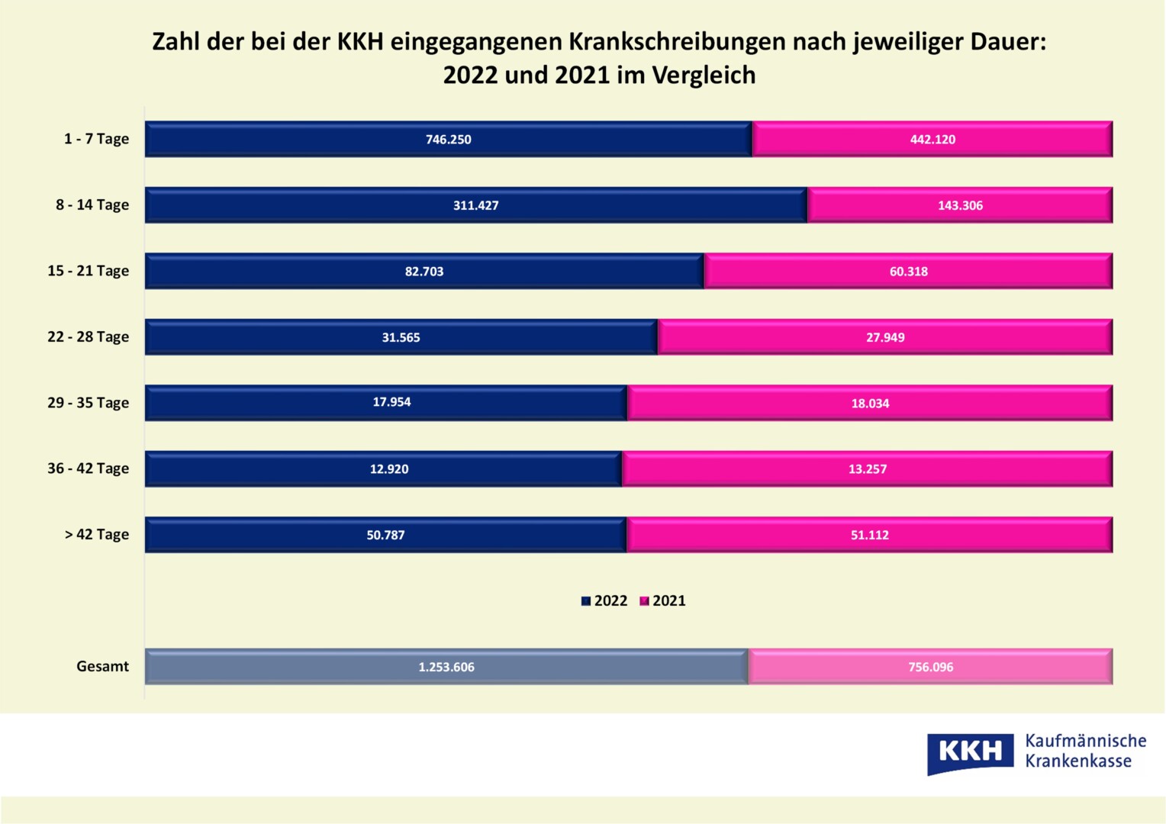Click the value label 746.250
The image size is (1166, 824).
(x=449, y=140)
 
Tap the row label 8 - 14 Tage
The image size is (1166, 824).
(x=92, y=205)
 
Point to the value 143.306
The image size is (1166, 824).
(x=960, y=206)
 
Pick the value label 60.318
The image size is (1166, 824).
(x=908, y=272)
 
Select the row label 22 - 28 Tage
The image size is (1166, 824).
(x=89, y=337)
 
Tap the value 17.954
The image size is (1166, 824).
(x=391, y=402)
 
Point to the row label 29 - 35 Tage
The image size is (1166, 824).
(x=89, y=403)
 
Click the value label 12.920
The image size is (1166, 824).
(x=389, y=469)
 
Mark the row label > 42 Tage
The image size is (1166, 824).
(x=97, y=535)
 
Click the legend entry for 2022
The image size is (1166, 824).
(x=604, y=601)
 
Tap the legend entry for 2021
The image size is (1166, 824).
(x=663, y=601)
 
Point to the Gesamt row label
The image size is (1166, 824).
(x=102, y=667)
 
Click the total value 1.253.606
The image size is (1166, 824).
(x=446, y=668)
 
